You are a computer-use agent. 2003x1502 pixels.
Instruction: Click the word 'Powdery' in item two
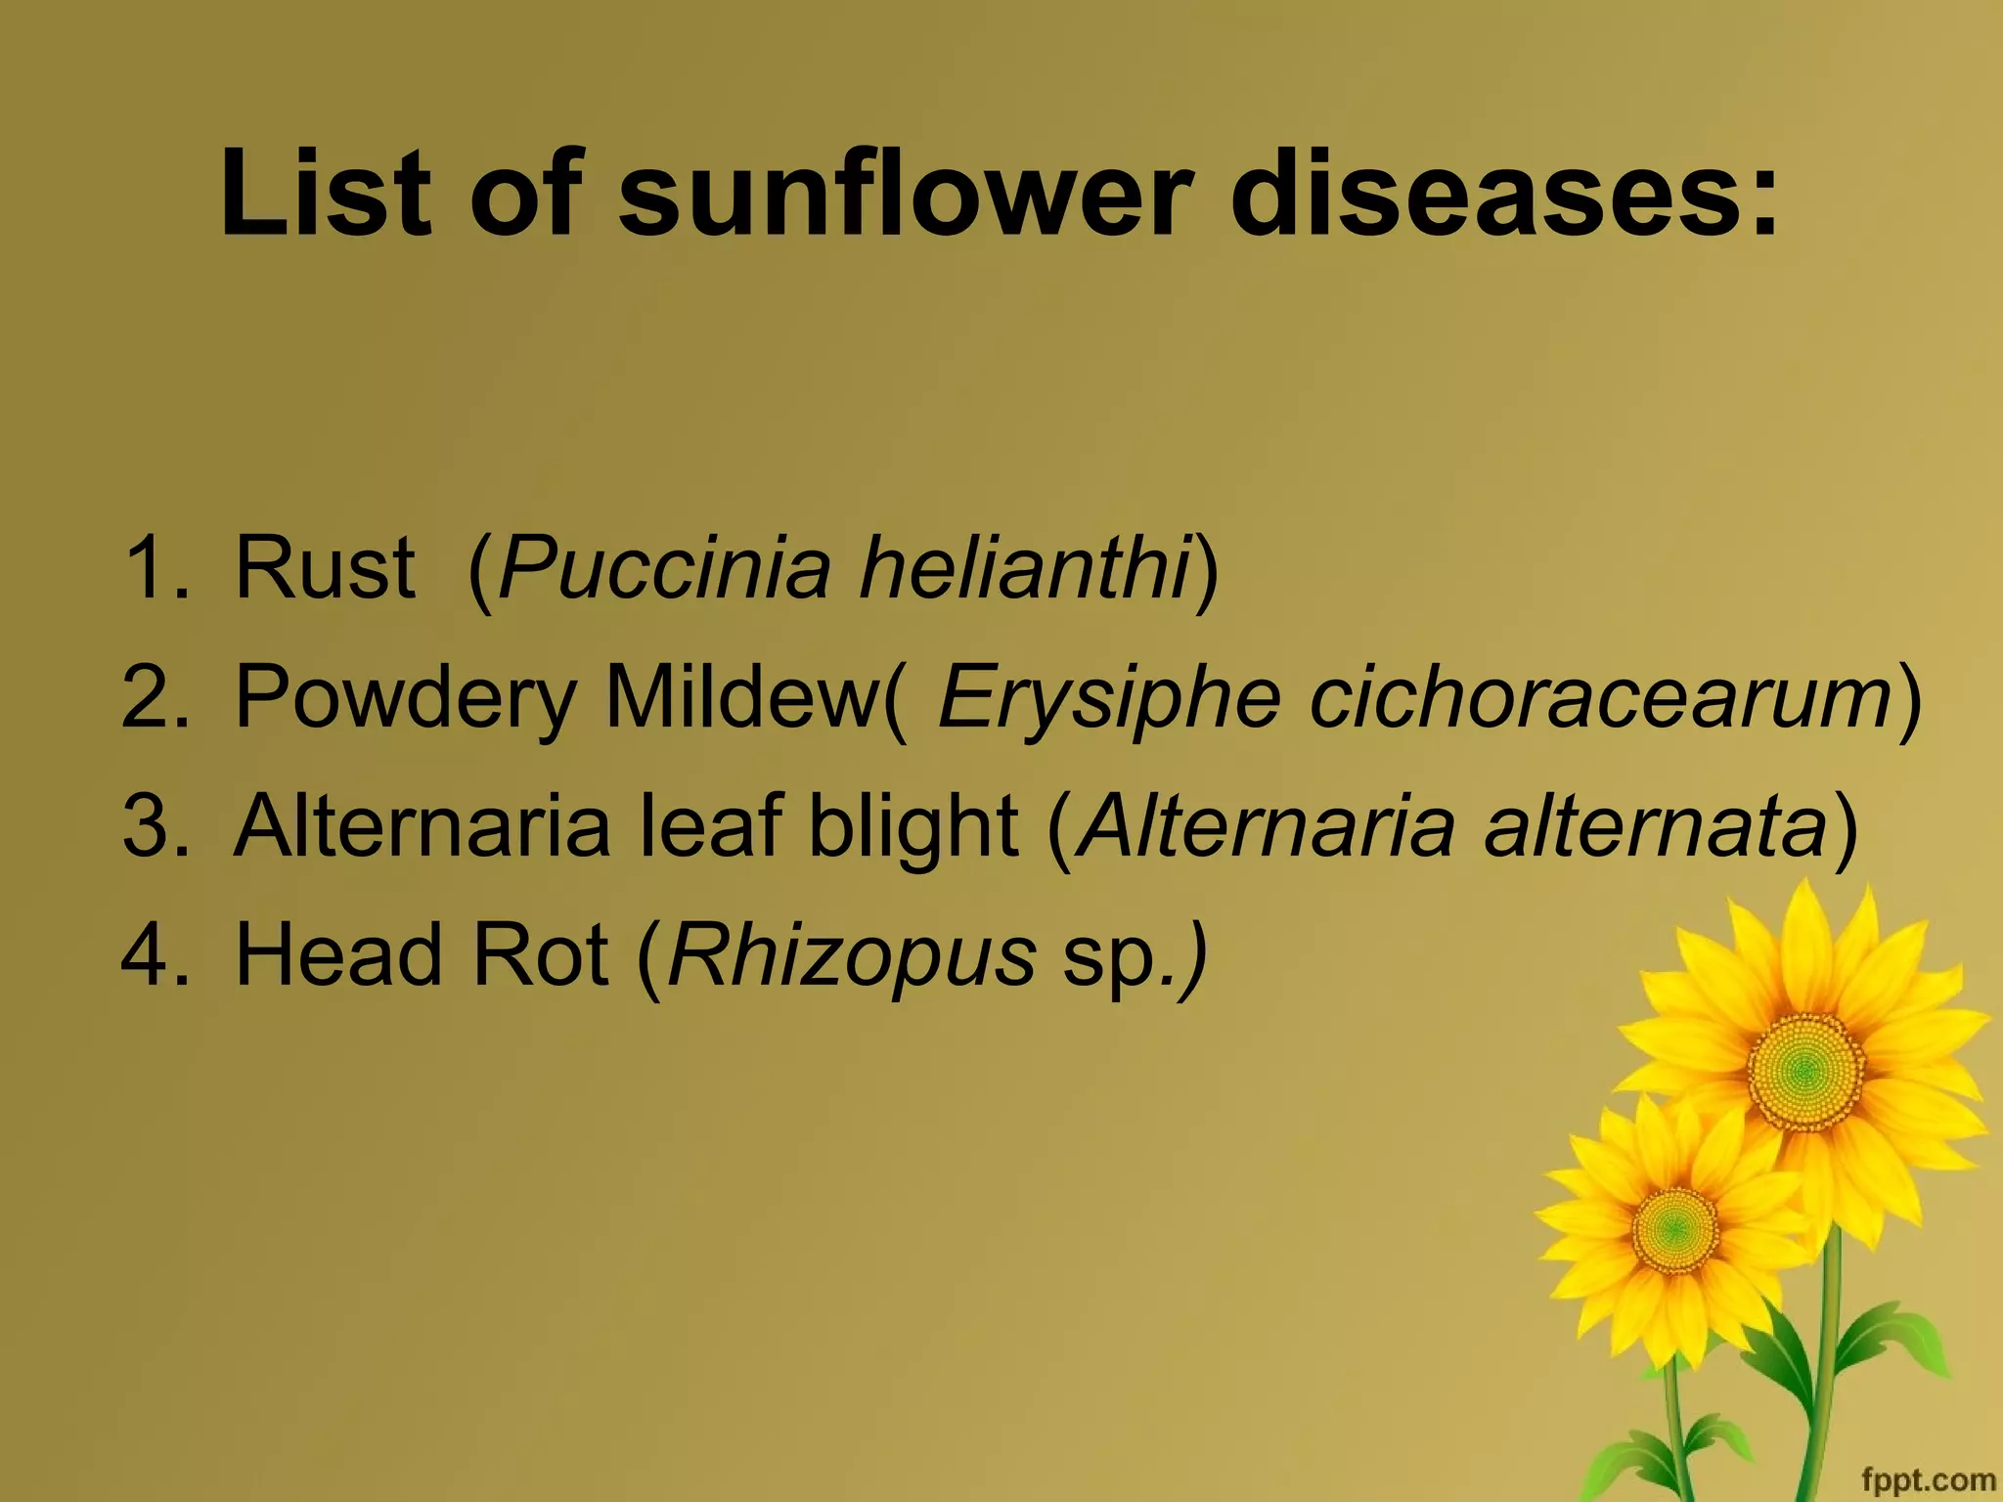[x=406, y=697]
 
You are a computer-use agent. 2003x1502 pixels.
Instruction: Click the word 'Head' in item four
[x=338, y=955]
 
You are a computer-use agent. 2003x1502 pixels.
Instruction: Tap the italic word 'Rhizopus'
[x=851, y=955]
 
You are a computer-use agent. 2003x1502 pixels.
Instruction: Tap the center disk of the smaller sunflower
[x=1674, y=1228]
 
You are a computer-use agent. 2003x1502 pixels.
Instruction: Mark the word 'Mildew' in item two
[x=743, y=697]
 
